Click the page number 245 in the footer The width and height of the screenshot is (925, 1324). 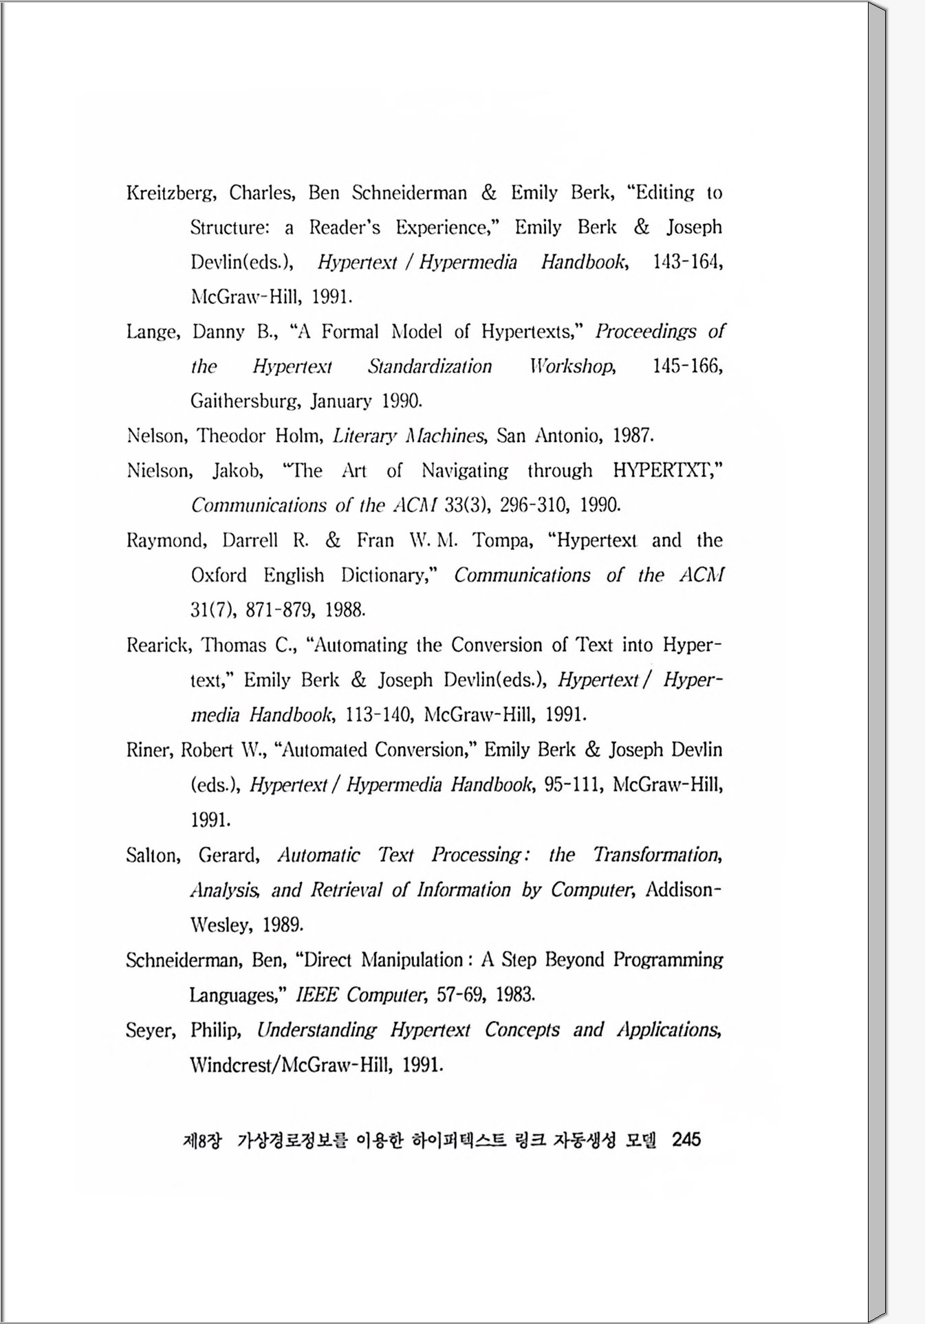(x=686, y=1140)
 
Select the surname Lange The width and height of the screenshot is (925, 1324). (x=153, y=333)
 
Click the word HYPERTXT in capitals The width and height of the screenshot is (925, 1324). (x=666, y=471)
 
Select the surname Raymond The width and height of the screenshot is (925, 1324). (x=166, y=540)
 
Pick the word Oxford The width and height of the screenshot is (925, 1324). (x=219, y=575)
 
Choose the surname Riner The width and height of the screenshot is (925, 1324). (x=148, y=750)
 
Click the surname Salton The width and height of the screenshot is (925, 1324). (x=153, y=855)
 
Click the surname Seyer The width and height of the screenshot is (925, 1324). (x=150, y=1030)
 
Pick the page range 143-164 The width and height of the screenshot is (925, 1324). (x=686, y=263)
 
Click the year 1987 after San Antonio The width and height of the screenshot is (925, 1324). (x=632, y=436)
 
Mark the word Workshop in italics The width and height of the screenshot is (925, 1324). (x=573, y=367)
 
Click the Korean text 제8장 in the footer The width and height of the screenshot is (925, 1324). (x=203, y=1141)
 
